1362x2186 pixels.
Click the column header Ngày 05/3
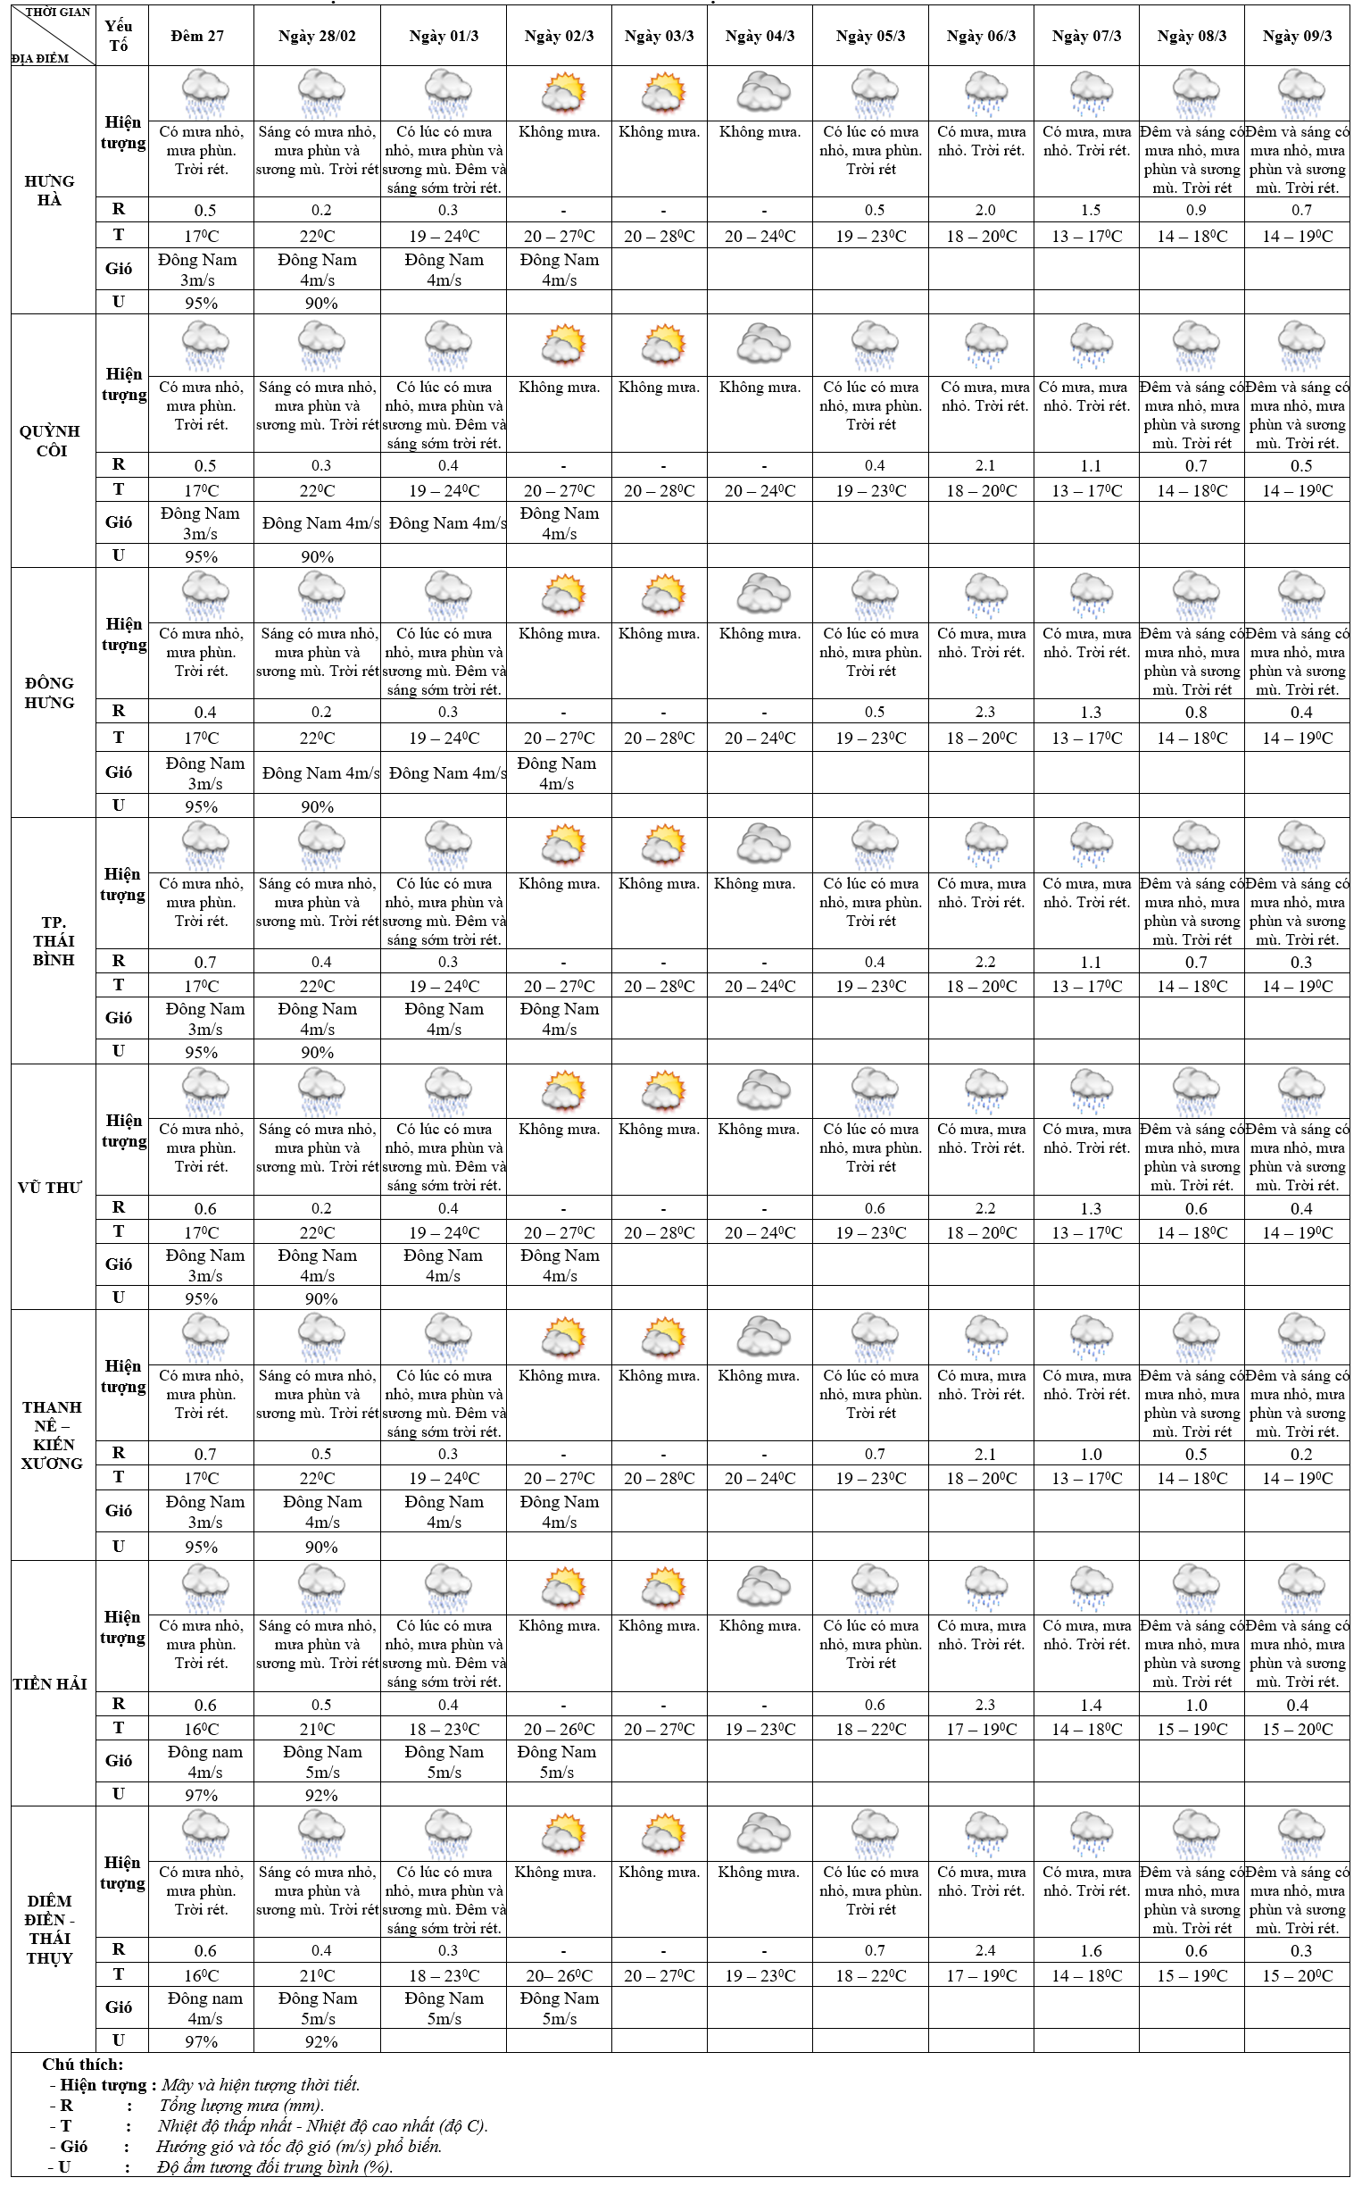tap(870, 36)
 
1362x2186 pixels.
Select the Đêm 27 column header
tap(197, 36)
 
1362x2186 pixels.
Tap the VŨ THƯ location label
tap(50, 1188)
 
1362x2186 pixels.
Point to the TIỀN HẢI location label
tap(50, 1683)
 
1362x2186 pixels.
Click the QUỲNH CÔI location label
tap(50, 440)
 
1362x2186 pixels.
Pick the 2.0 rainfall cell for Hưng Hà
tap(985, 210)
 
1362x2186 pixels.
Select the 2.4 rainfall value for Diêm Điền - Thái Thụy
tap(985, 1950)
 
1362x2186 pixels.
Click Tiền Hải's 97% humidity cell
tap(201, 1794)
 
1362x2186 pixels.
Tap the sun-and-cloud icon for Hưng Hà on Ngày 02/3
tap(563, 92)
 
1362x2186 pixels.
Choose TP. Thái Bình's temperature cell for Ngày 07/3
tap(1086, 986)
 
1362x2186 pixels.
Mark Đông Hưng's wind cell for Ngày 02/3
tap(557, 773)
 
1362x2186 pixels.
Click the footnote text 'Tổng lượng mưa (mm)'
tap(241, 2105)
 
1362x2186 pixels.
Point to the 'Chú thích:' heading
tap(83, 2064)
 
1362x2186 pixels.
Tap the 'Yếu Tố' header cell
tap(118, 36)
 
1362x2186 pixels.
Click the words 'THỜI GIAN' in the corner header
tap(58, 13)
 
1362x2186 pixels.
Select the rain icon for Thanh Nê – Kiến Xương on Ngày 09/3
tap(1300, 1336)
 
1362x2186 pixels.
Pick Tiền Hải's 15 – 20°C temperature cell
tap(1297, 1728)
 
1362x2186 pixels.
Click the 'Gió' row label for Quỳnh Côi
tap(119, 522)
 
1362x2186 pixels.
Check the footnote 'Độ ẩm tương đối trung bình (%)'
tap(275, 2166)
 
